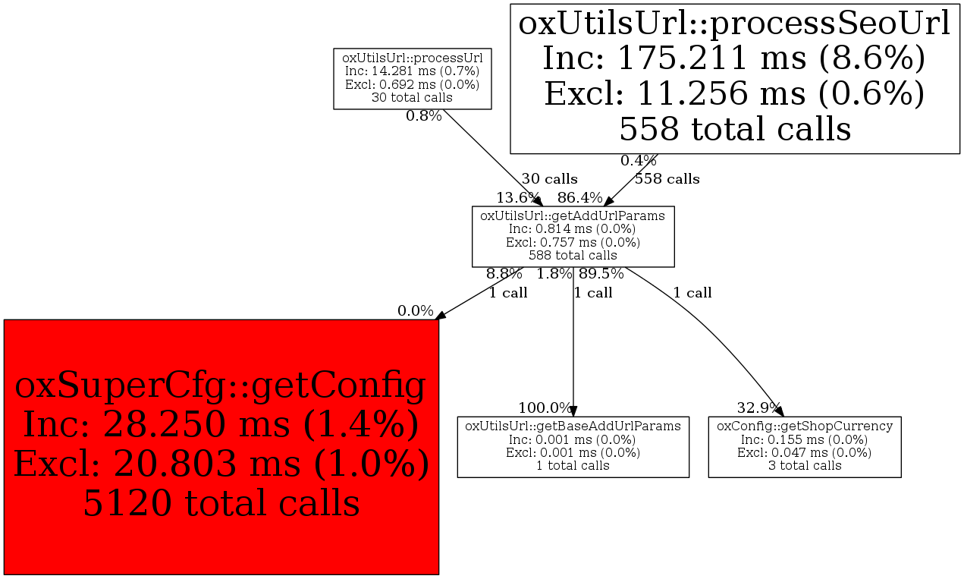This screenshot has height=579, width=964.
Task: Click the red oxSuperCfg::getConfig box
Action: pos(221,447)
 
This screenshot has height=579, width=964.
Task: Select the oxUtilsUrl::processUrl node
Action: pos(413,79)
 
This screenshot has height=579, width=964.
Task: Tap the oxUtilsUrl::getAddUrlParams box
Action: pos(573,236)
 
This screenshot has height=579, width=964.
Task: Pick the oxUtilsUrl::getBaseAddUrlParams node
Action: pos(573,447)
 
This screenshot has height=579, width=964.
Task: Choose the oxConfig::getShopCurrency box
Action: pos(805,447)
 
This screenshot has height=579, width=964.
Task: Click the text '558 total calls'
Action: pos(735,129)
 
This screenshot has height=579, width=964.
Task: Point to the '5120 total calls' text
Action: pos(221,503)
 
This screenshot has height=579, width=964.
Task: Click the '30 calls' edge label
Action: pos(550,178)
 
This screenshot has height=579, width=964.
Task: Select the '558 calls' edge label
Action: pos(667,178)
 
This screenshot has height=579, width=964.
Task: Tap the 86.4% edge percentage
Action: pos(579,197)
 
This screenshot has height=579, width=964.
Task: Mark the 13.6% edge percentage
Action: pos(518,197)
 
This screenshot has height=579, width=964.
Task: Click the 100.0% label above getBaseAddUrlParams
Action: pos(545,408)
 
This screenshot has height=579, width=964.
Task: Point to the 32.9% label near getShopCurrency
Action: pos(758,408)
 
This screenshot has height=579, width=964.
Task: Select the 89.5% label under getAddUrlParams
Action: pos(601,273)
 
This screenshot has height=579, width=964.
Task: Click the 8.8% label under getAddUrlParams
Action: pos(504,273)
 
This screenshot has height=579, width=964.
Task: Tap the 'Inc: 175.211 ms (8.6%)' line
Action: pos(735,58)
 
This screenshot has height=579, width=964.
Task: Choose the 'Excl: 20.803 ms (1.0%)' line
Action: pos(221,463)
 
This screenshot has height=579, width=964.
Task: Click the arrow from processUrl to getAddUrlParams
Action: pos(493,158)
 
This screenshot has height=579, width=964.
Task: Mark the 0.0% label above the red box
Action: pos(416,311)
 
